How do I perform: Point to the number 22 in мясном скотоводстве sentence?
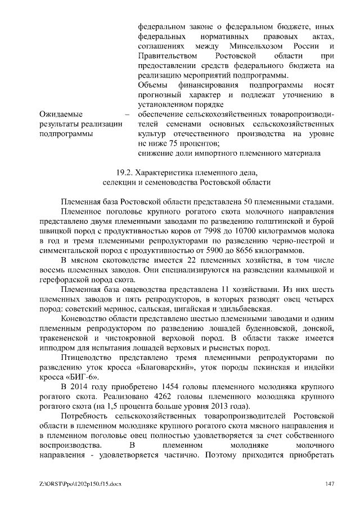coord(190,260)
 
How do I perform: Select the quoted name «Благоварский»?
coord(147,368)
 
